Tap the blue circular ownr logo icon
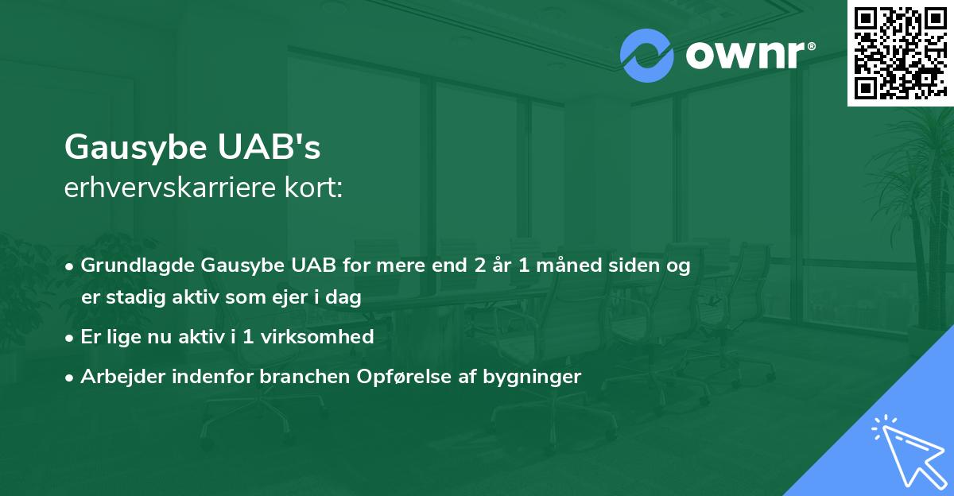(x=647, y=55)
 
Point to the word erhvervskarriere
(x=163, y=189)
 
